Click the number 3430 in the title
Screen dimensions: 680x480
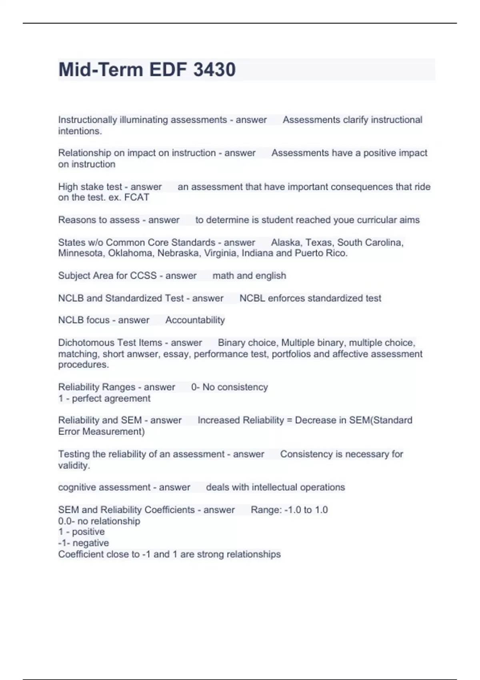click(214, 70)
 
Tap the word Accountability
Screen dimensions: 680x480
click(195, 320)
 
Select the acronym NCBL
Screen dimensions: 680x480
click(252, 298)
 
